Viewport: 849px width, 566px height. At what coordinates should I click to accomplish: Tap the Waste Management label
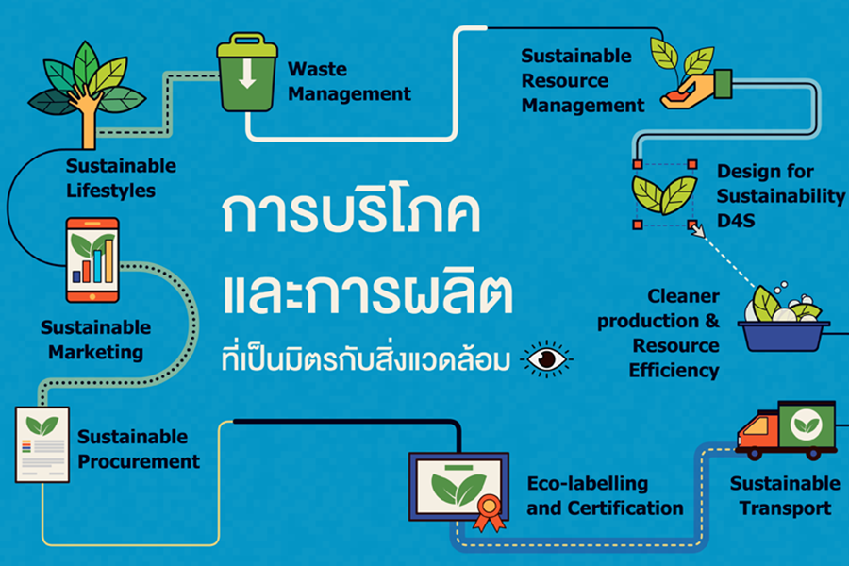(x=349, y=81)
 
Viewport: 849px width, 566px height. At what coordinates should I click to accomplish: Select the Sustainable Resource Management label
(x=583, y=80)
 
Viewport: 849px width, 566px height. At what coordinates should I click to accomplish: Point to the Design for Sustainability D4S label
(x=780, y=196)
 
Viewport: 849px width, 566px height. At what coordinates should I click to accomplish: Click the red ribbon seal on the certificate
(x=487, y=515)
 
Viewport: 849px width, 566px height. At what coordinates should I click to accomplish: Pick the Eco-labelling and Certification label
(x=604, y=495)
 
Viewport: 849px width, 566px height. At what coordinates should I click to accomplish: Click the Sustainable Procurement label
(x=139, y=449)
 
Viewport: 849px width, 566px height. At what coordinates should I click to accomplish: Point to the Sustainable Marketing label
(x=95, y=340)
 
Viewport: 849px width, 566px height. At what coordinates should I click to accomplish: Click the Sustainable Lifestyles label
(x=121, y=177)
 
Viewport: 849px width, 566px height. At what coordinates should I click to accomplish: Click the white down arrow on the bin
(x=247, y=75)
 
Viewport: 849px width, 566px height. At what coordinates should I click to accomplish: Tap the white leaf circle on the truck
(x=807, y=423)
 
